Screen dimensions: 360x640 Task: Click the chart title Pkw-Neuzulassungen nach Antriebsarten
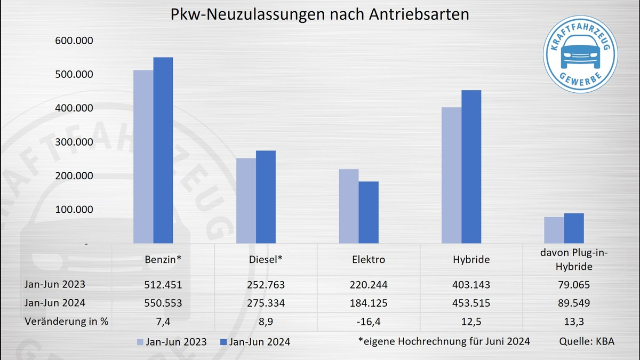(x=320, y=14)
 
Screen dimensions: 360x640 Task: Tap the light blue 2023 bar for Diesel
(x=246, y=201)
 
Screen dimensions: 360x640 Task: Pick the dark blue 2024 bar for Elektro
(x=369, y=212)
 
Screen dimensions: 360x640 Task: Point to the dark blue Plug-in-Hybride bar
(x=574, y=228)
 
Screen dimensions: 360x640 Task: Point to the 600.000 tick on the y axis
(x=75, y=41)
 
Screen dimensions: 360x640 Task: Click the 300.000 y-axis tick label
(x=75, y=142)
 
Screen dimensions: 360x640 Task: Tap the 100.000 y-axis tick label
(x=75, y=210)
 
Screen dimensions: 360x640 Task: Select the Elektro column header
(x=369, y=260)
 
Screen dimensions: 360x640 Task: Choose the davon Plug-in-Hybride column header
(x=574, y=260)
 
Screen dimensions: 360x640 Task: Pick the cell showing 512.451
(x=163, y=285)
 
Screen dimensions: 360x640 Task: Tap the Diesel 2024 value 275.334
(x=266, y=303)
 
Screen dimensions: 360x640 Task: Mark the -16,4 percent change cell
(x=369, y=322)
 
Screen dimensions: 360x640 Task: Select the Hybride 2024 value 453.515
(x=471, y=303)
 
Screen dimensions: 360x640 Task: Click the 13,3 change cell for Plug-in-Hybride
(x=574, y=322)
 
